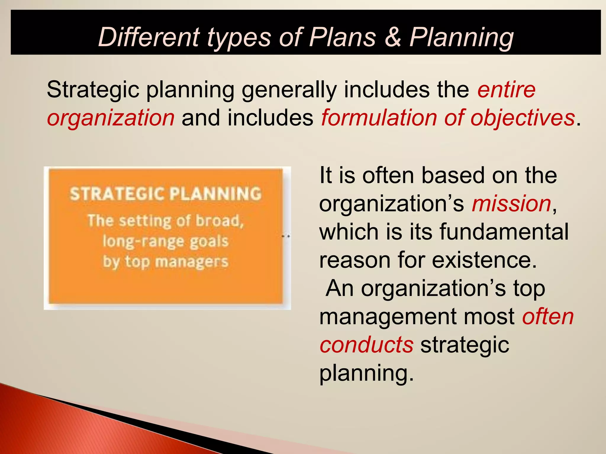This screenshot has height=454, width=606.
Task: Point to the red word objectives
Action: (x=522, y=118)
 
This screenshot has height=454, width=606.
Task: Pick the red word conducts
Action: (x=367, y=345)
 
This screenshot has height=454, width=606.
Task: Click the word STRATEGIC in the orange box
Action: (x=117, y=194)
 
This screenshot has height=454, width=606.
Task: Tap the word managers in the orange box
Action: (x=191, y=262)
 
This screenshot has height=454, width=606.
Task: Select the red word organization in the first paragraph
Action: (x=111, y=118)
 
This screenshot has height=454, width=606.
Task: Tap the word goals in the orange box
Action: (x=209, y=241)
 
